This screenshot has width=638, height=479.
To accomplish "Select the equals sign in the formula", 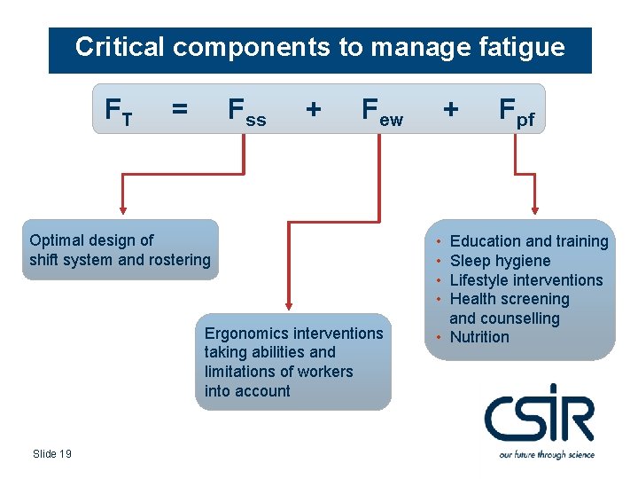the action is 180,109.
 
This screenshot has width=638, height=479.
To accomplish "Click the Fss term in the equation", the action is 246,111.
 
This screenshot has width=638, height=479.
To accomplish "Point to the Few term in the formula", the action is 382,111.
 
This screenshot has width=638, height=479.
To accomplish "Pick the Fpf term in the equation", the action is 517,111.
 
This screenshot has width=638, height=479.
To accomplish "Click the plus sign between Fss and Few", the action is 313,109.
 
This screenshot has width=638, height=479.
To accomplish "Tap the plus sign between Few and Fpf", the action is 451,109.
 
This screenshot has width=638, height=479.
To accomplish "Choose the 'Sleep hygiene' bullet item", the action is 500,261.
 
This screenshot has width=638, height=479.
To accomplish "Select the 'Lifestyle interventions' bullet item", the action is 525,280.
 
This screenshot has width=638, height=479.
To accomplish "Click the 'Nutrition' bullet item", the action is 479,337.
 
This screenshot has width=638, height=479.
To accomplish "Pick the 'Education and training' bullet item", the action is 529,241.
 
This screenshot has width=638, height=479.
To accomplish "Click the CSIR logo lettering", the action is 540,414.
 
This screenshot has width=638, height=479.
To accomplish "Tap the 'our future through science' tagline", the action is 547,454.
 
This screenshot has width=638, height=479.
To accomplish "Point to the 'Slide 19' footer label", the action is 52,454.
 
